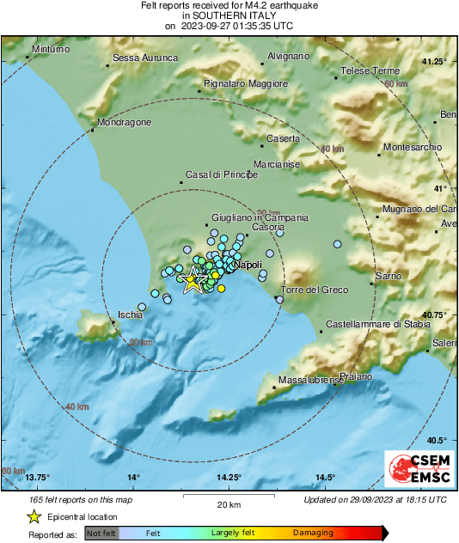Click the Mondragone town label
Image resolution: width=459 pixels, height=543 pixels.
click(x=124, y=122)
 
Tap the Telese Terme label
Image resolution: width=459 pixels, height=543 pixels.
click(x=371, y=70)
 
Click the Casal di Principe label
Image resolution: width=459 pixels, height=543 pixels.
click(x=222, y=175)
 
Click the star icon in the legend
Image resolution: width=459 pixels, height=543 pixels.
click(x=34, y=516)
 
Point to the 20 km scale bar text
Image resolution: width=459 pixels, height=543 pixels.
click(x=228, y=503)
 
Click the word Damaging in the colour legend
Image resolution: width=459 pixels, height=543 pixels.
click(x=313, y=534)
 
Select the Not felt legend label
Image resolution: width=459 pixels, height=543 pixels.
click(x=101, y=534)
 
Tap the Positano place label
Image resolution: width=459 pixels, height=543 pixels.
click(x=356, y=376)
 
